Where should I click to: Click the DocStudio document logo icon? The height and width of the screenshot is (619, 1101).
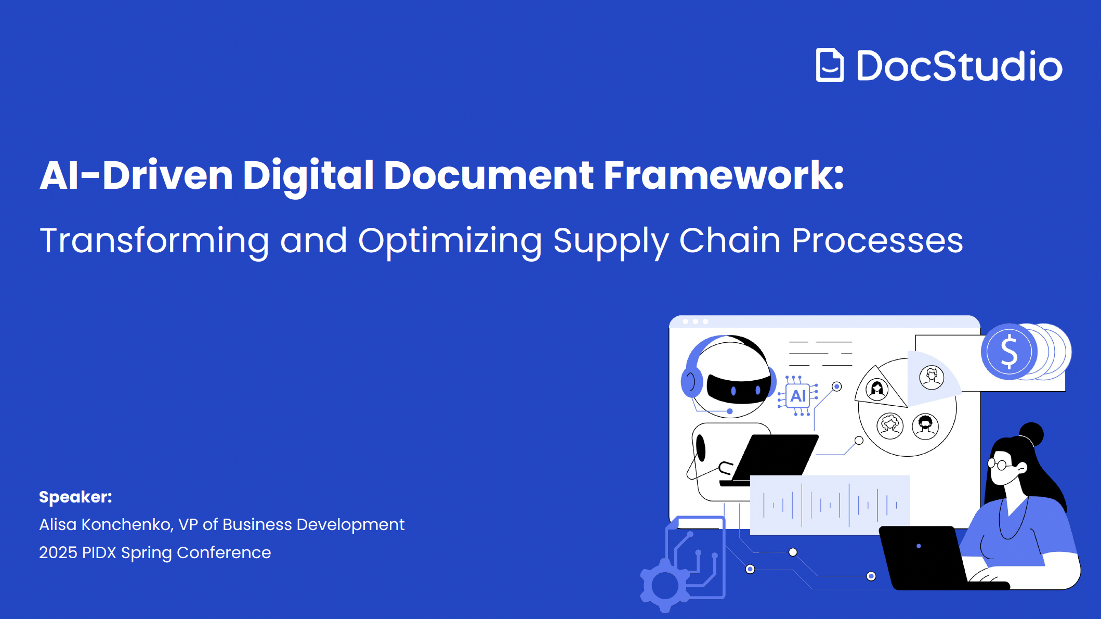pos(830,65)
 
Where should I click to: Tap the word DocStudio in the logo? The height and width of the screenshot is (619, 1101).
pos(960,66)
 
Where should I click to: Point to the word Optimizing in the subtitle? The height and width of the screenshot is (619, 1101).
pos(450,241)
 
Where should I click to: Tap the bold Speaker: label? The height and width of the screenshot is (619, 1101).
pos(75,497)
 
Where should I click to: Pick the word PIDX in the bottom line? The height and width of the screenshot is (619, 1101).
pos(99,552)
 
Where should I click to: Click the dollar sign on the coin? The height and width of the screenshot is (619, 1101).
pos(1009,352)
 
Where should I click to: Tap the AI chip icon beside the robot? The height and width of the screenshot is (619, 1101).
pos(798,396)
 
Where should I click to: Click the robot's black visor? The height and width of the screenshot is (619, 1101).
pos(738,387)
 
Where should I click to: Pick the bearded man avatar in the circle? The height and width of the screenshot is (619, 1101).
pos(925,427)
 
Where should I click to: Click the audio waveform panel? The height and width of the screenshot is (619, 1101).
pos(830,505)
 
